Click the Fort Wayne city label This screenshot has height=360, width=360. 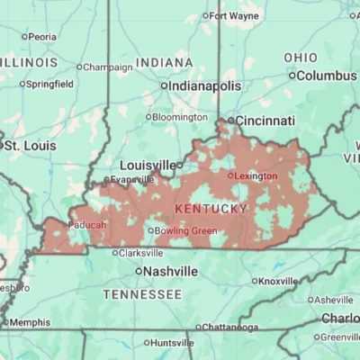coord(234,15)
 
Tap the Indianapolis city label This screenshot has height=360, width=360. coord(205,85)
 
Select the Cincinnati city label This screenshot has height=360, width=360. coord(266,120)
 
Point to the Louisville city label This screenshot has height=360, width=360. coord(148,166)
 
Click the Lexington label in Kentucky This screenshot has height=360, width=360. coord(256,175)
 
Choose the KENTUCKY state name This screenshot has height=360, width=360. coord(211,209)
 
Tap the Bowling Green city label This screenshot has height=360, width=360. coord(185,230)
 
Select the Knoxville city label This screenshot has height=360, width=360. coord(277,281)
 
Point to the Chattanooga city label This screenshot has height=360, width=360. coord(230,327)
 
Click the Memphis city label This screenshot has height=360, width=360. coord(30,322)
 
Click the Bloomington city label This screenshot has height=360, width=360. coord(180,117)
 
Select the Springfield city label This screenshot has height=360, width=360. coord(50,84)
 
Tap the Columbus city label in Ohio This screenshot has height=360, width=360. coord(326,76)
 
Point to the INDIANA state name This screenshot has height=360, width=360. coord(164,62)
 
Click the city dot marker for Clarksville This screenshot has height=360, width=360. coord(114,253)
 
